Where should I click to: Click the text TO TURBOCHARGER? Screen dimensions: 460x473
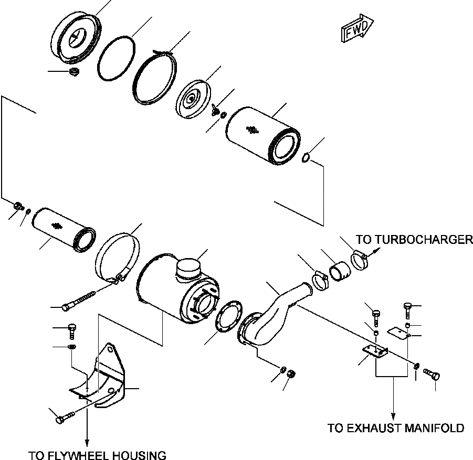point(414,240)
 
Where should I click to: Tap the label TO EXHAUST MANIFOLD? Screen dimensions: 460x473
point(396,428)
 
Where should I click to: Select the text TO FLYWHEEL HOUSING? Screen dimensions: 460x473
point(97,455)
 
